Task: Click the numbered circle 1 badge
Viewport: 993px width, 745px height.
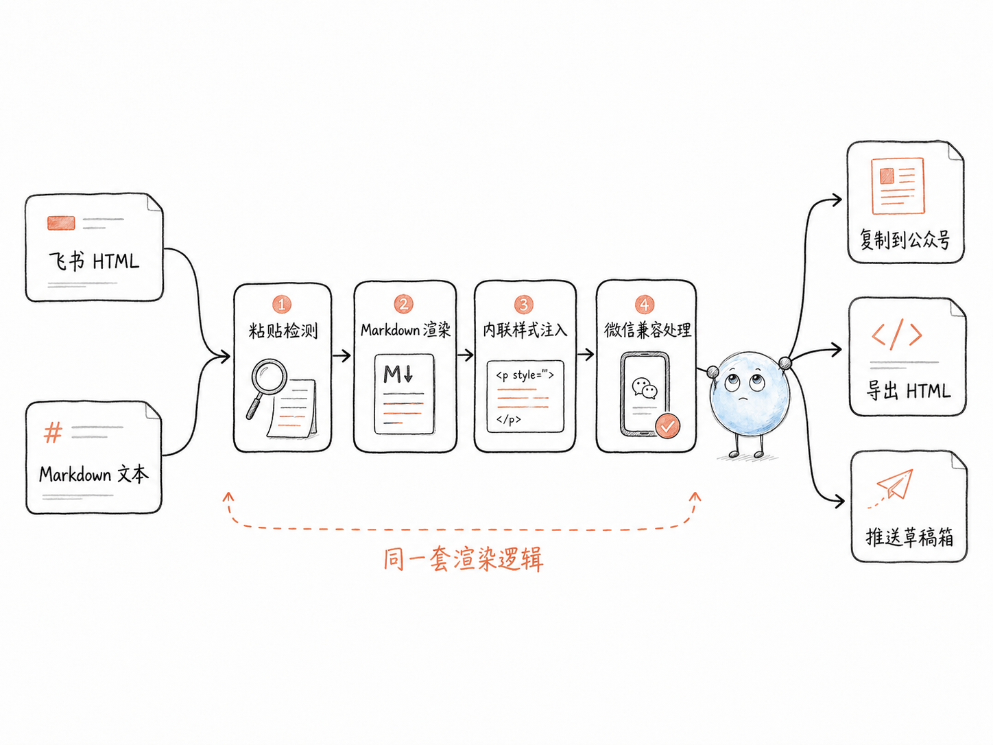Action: (281, 304)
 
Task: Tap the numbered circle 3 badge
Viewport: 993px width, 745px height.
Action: (524, 304)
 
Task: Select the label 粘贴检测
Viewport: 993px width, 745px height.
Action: (283, 331)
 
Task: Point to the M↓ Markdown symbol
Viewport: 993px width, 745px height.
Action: (398, 373)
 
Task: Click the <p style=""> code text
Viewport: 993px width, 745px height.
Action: (525, 375)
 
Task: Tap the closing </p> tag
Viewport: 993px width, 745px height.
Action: (508, 419)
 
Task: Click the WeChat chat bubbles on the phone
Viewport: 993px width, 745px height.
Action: (645, 388)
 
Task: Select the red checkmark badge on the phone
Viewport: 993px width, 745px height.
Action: (668, 425)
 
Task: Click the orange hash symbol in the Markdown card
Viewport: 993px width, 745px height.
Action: (53, 432)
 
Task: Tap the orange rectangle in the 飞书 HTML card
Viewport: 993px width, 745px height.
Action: (61, 223)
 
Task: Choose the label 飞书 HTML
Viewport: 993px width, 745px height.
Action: (94, 261)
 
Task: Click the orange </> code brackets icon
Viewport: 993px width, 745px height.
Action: (896, 334)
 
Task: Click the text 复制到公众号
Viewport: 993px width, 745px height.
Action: (905, 239)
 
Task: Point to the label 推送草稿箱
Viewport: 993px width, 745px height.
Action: (909, 537)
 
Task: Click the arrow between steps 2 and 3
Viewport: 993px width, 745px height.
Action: (465, 355)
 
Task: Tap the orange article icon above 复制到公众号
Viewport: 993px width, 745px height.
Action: (898, 185)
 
